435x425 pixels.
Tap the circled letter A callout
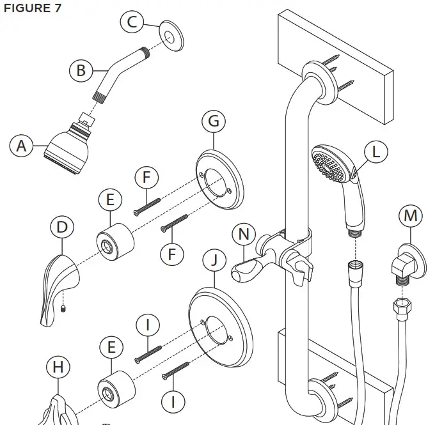[x=22, y=146]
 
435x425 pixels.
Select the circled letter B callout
[x=81, y=70]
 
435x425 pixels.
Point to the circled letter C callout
[x=132, y=23]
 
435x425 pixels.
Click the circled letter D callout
[x=62, y=228]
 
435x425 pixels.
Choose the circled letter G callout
[x=214, y=121]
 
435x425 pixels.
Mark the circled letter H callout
[x=58, y=367]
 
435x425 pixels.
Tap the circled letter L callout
[x=376, y=152]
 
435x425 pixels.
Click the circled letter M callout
[x=410, y=217]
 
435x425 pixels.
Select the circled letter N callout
[x=244, y=235]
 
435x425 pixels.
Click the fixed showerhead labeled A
[x=68, y=146]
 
